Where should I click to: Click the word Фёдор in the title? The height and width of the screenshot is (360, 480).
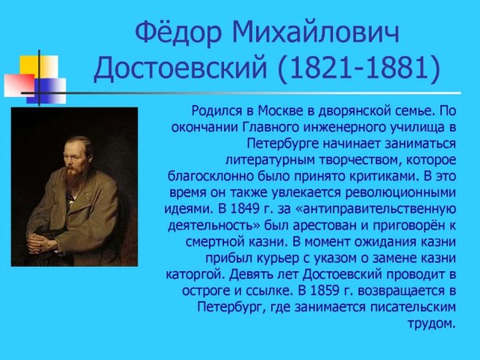[177, 33]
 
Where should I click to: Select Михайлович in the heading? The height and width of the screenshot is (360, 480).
[315, 33]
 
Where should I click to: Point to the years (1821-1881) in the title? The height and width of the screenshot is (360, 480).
[359, 68]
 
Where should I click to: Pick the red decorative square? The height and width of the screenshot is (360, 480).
[19, 85]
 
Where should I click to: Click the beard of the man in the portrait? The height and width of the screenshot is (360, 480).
[73, 176]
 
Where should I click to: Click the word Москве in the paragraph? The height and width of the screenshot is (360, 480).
[277, 110]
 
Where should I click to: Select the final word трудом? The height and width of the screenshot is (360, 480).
[432, 323]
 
